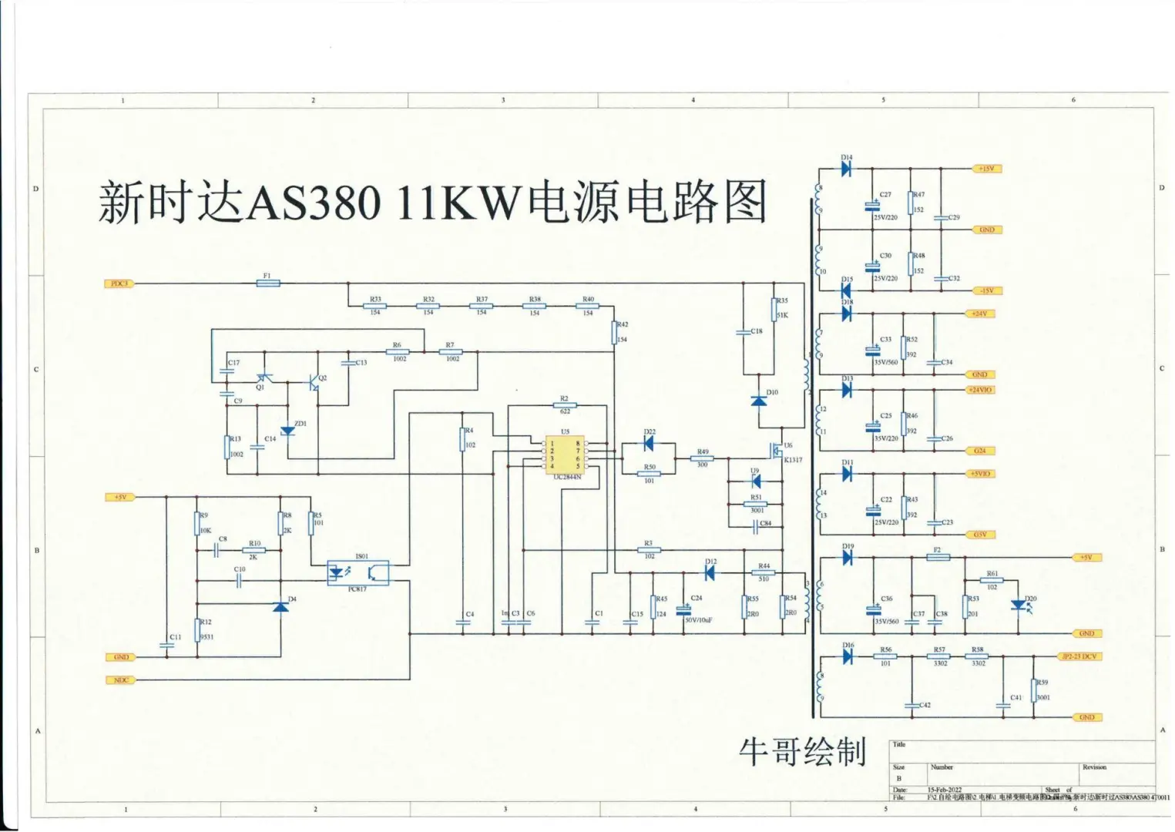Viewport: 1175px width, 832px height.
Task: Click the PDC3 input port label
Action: click(119, 283)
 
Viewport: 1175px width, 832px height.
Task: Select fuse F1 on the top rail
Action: click(267, 283)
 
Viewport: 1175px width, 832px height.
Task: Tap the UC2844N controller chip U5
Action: click(565, 455)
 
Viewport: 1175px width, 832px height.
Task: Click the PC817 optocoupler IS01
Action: click(358, 573)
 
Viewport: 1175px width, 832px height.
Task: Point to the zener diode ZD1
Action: click(287, 431)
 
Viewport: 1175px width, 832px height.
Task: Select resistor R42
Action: click(615, 333)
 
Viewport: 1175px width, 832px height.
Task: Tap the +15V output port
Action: click(987, 169)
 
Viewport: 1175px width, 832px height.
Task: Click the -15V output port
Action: click(987, 291)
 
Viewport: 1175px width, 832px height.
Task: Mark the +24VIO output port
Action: click(980, 390)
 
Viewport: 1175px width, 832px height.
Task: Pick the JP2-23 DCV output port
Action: click(1079, 656)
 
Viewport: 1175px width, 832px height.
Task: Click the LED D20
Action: click(1019, 606)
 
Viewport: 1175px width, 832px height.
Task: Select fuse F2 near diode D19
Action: click(937, 557)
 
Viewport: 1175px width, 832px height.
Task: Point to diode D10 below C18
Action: click(759, 401)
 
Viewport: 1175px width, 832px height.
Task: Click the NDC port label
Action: click(121, 680)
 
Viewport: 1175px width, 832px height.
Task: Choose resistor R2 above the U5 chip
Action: click(565, 404)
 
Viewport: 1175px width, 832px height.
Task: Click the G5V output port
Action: click(980, 535)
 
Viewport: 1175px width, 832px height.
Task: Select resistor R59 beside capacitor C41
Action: click(1034, 690)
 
